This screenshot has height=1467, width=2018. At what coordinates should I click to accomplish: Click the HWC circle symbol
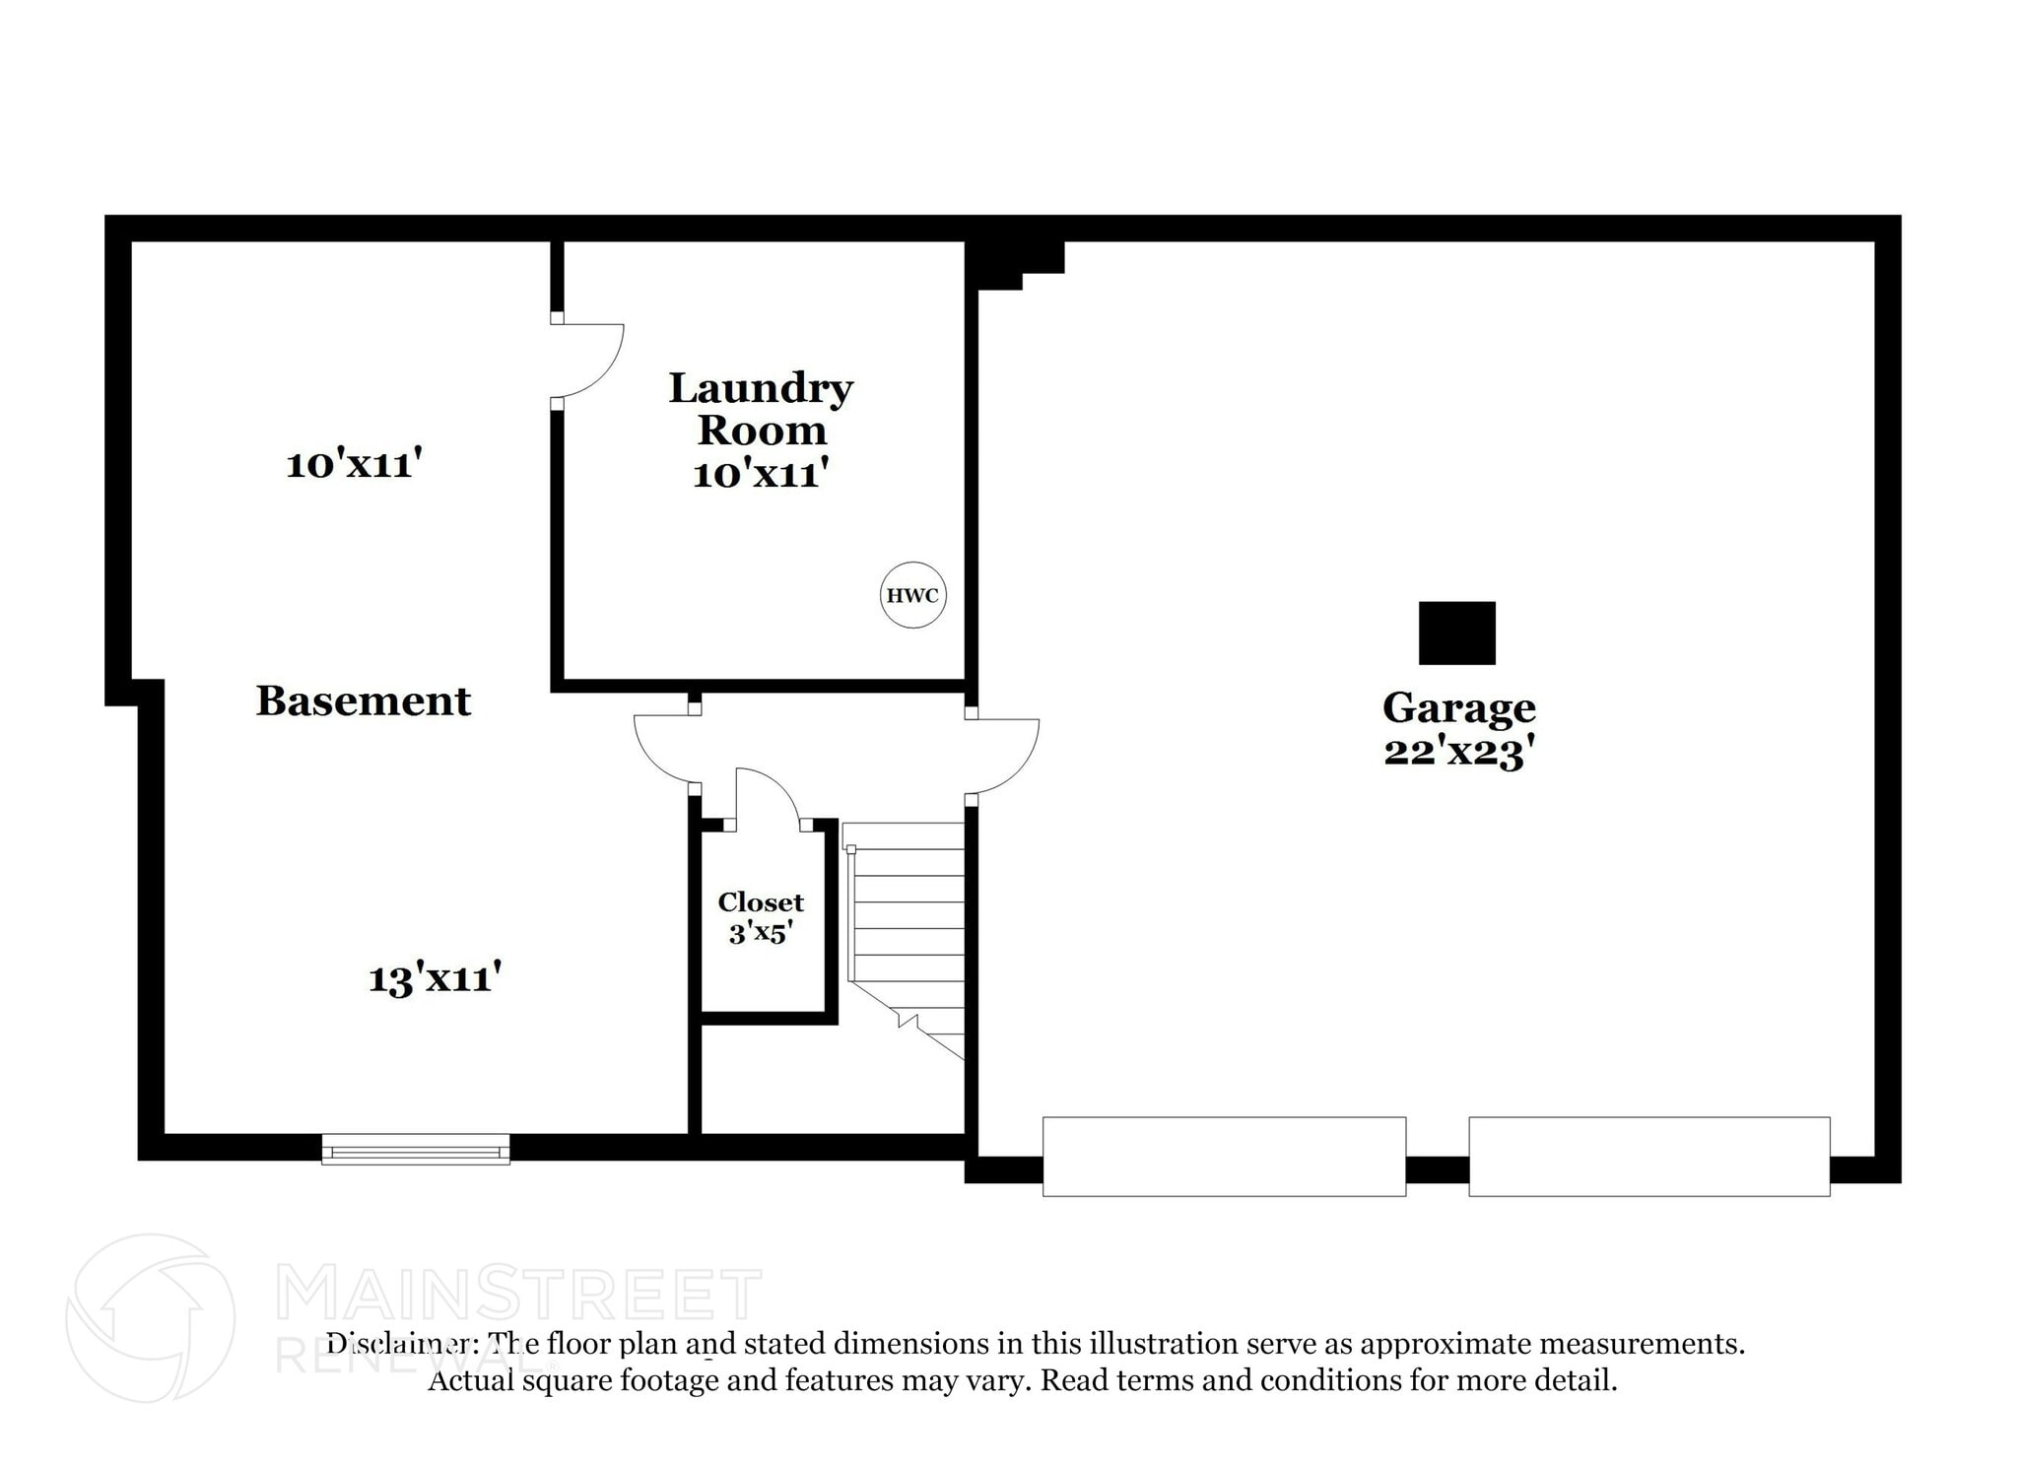click(x=912, y=595)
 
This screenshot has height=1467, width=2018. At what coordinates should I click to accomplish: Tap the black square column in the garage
click(x=1456, y=633)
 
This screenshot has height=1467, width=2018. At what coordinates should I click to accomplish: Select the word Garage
click(x=1458, y=707)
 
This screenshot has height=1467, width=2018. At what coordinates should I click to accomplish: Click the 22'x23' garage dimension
click(x=1458, y=752)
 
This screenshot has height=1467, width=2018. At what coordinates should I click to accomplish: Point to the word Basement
click(x=364, y=701)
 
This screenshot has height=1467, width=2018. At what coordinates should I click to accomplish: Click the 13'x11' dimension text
click(x=436, y=978)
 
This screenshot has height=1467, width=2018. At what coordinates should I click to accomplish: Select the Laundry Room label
click(x=761, y=409)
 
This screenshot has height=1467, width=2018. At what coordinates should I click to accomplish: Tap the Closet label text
click(x=761, y=901)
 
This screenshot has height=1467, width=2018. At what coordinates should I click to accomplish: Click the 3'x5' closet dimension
click(x=761, y=932)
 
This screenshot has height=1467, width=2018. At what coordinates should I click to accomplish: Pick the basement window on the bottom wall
click(x=415, y=1149)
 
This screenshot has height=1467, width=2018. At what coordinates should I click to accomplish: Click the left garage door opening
click(x=1224, y=1156)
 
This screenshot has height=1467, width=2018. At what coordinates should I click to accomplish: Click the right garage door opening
click(x=1648, y=1156)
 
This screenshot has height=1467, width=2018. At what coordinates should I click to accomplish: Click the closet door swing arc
click(x=769, y=793)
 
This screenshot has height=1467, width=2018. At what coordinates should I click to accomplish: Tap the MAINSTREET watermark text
click(x=517, y=1295)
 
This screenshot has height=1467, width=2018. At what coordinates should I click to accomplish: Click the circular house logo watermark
click(x=150, y=1317)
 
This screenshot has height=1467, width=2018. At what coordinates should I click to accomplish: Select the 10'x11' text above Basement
click(x=355, y=464)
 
